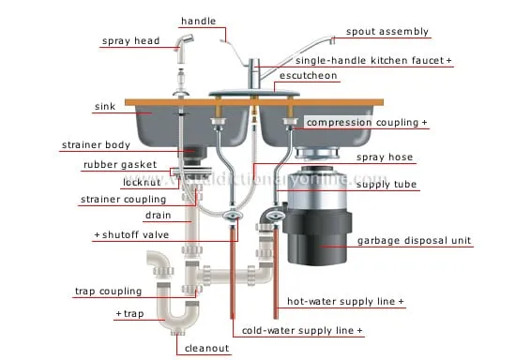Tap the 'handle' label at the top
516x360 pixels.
pos(198,20)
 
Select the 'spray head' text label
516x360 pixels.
pos(130,41)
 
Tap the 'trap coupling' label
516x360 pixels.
pos(108,292)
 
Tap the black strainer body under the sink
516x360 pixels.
pos(192,152)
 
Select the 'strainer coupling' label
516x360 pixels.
pos(123,199)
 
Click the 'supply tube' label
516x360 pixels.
pos(387,186)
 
